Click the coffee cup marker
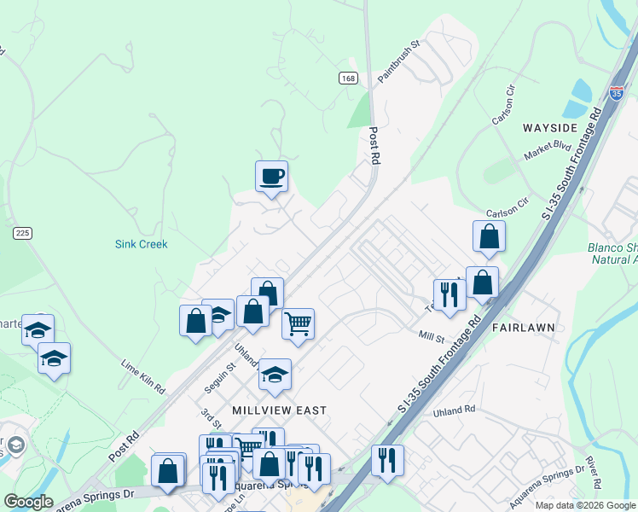coord(272,177)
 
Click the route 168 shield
coord(347,78)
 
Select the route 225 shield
coord(22,232)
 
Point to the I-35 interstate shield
coord(617,93)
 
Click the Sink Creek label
coord(142,244)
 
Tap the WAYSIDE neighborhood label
coord(550,127)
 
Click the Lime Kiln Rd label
coord(142,376)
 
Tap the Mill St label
coord(432,339)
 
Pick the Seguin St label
coord(224,377)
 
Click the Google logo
coord(28,502)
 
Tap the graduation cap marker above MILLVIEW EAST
coord(275,375)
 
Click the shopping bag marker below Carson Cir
coord(489,236)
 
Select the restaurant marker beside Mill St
coord(449,295)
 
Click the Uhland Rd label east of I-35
coord(454,411)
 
